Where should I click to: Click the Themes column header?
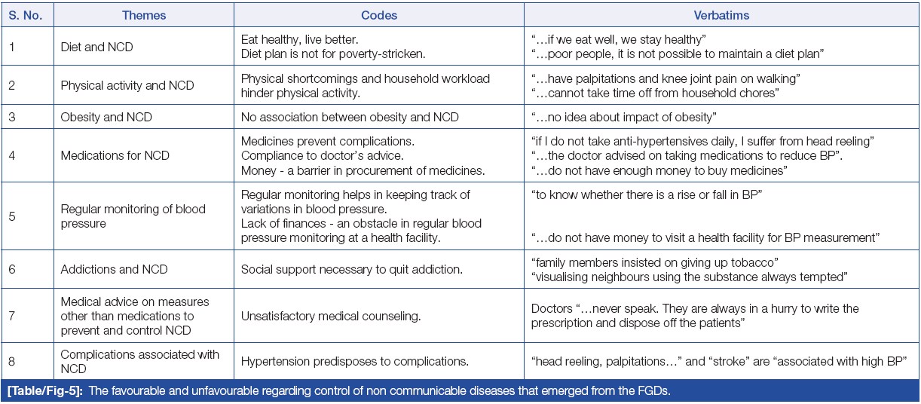(144, 15)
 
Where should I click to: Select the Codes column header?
(379, 15)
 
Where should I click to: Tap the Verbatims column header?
(721, 15)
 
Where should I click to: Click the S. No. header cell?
(27, 15)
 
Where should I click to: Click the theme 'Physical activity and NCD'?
(127, 85)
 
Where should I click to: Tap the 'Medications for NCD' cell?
(115, 155)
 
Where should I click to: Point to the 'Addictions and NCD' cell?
(114, 269)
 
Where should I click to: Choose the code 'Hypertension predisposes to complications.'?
(354, 362)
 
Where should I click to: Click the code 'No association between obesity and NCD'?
(350, 117)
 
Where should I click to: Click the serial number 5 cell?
(12, 216)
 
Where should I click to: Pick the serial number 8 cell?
(12, 362)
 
